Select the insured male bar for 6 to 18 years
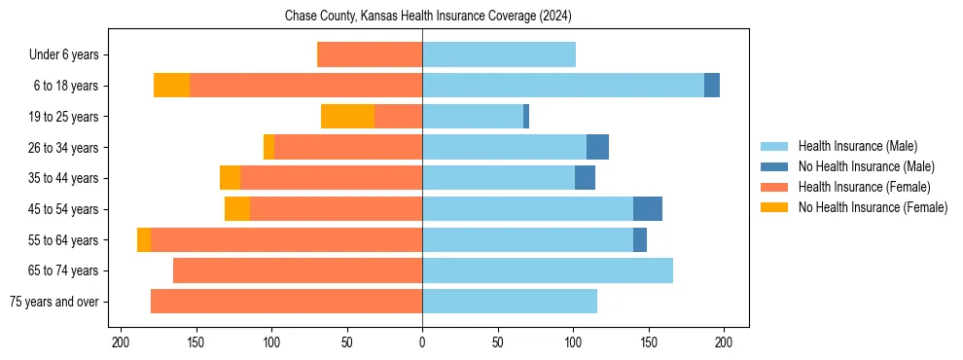563,86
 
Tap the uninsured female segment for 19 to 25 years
347,117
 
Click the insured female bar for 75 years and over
286,302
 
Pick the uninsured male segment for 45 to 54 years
647,209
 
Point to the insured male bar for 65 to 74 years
548,270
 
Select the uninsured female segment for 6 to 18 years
171,86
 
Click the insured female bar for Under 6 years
370,54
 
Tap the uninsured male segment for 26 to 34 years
597,147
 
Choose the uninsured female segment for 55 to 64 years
144,240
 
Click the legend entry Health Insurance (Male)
857,146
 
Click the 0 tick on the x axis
422,342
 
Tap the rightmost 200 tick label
724,342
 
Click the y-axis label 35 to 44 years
63,178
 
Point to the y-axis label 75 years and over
53,302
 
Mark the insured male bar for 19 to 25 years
473,117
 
